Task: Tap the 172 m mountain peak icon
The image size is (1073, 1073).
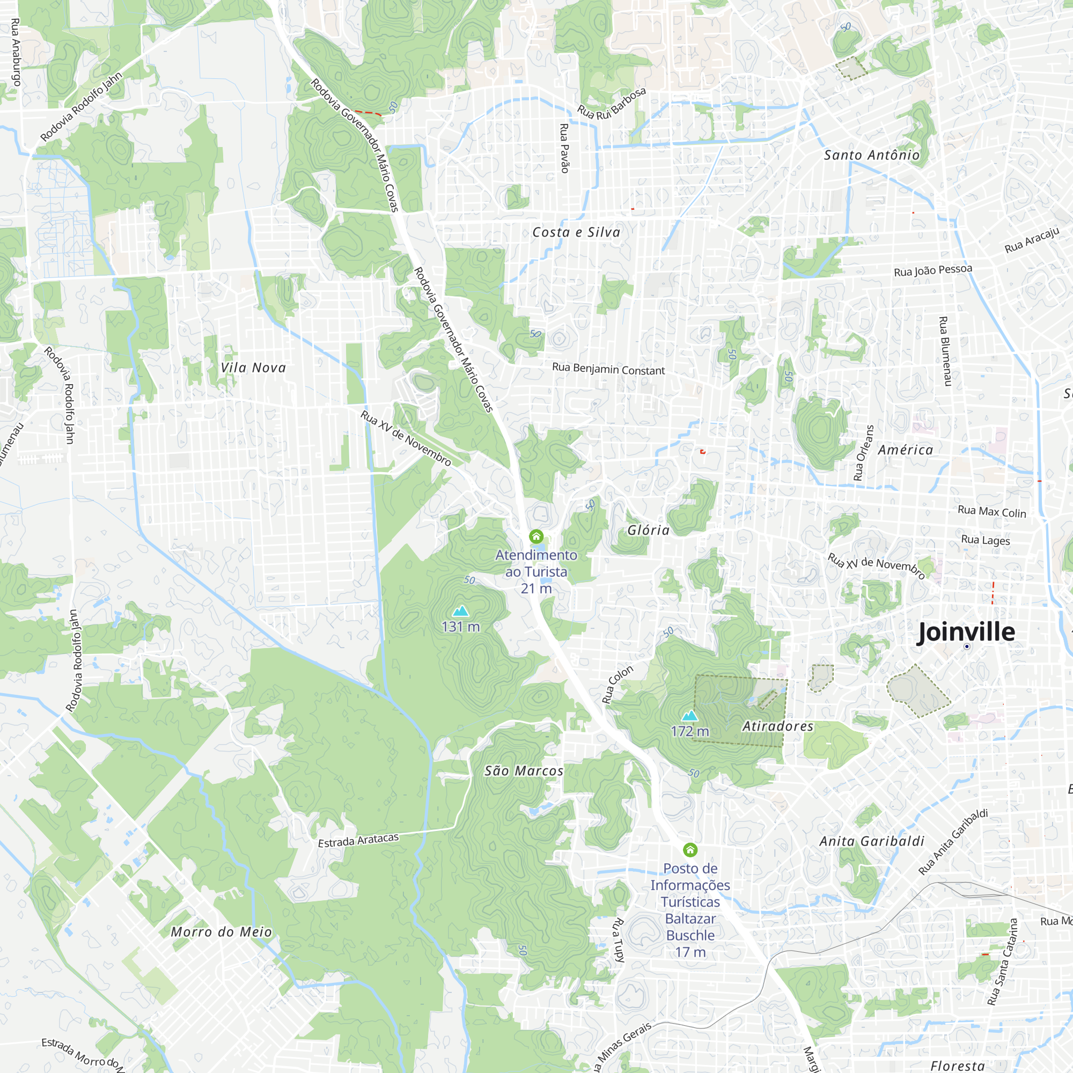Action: (x=689, y=715)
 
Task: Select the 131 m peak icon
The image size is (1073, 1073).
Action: (x=460, y=611)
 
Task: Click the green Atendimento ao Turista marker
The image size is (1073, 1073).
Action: (x=536, y=536)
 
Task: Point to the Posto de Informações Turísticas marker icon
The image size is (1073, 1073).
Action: (x=690, y=850)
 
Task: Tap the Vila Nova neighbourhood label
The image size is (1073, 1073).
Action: (x=253, y=368)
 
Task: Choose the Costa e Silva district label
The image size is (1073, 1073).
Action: (x=576, y=232)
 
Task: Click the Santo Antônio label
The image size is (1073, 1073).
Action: (x=871, y=155)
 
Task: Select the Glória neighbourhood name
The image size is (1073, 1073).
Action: (x=648, y=531)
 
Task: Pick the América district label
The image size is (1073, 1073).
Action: (x=905, y=450)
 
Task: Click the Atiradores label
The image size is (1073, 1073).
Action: (x=777, y=726)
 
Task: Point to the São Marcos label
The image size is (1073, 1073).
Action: (x=524, y=771)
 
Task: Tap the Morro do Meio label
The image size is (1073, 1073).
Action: (x=221, y=932)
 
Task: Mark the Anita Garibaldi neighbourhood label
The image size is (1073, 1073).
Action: (x=872, y=841)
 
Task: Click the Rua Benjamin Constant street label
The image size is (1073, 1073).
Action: (x=608, y=369)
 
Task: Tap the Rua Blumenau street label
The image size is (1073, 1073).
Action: (x=944, y=351)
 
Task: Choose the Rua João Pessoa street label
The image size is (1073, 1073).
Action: (x=933, y=270)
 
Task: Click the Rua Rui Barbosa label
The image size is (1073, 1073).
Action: (x=612, y=104)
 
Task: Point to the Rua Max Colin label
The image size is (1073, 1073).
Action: (x=992, y=511)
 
